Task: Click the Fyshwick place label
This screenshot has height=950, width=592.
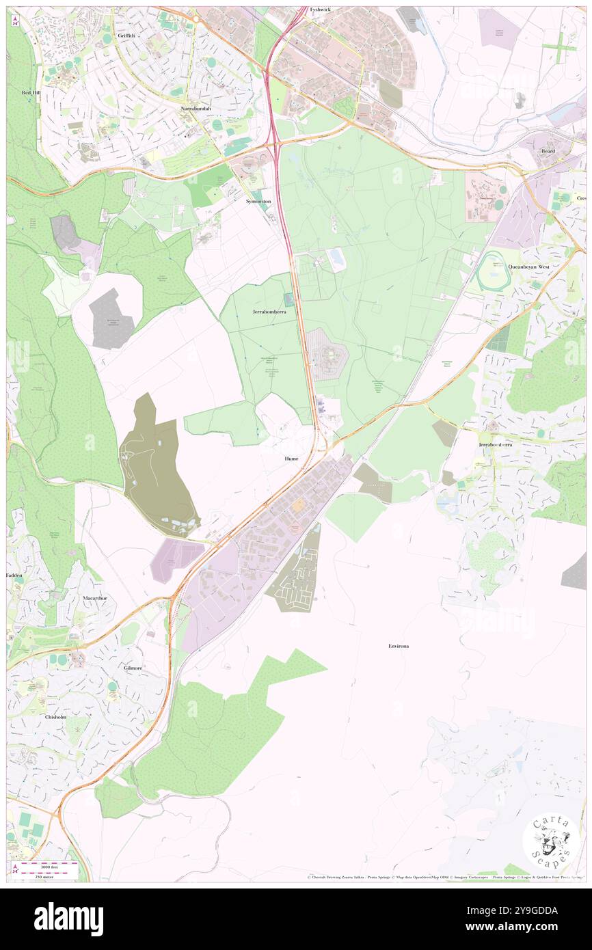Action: pos(320,10)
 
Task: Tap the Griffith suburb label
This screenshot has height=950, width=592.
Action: pos(126,35)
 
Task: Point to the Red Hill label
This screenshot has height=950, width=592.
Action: pos(31,92)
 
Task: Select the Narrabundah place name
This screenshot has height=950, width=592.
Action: pos(196,109)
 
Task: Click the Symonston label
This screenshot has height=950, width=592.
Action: pos(258,202)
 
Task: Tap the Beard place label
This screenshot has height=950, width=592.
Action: pos(548,150)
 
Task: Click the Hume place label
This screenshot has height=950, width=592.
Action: pos(291,459)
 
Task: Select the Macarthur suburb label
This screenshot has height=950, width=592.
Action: pos(95,598)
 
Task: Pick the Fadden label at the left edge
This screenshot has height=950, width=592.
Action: pos(15,575)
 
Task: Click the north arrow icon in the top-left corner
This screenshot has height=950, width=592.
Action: pos(15,22)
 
